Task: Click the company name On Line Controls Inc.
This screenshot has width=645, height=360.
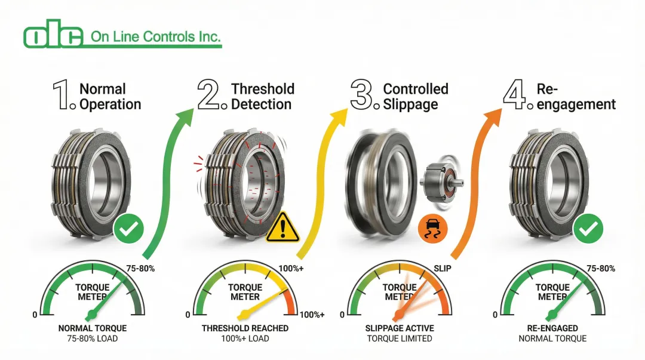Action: (x=155, y=37)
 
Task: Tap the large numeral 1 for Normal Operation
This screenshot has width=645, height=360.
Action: (x=62, y=96)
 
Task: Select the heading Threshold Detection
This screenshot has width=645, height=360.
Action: (x=263, y=96)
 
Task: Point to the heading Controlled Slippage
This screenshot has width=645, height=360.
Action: (x=415, y=96)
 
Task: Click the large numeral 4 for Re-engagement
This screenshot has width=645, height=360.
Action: (x=515, y=96)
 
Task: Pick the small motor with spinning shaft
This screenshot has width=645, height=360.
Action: (x=443, y=180)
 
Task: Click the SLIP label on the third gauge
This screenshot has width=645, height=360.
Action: (x=442, y=268)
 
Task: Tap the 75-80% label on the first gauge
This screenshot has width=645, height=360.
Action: (x=141, y=268)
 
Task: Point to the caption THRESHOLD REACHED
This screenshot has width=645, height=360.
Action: (x=245, y=328)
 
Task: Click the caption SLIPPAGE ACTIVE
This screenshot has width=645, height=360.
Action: (x=400, y=328)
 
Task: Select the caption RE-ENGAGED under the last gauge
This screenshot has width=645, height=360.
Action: (x=552, y=328)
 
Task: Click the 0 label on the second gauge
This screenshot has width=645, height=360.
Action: (x=188, y=315)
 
